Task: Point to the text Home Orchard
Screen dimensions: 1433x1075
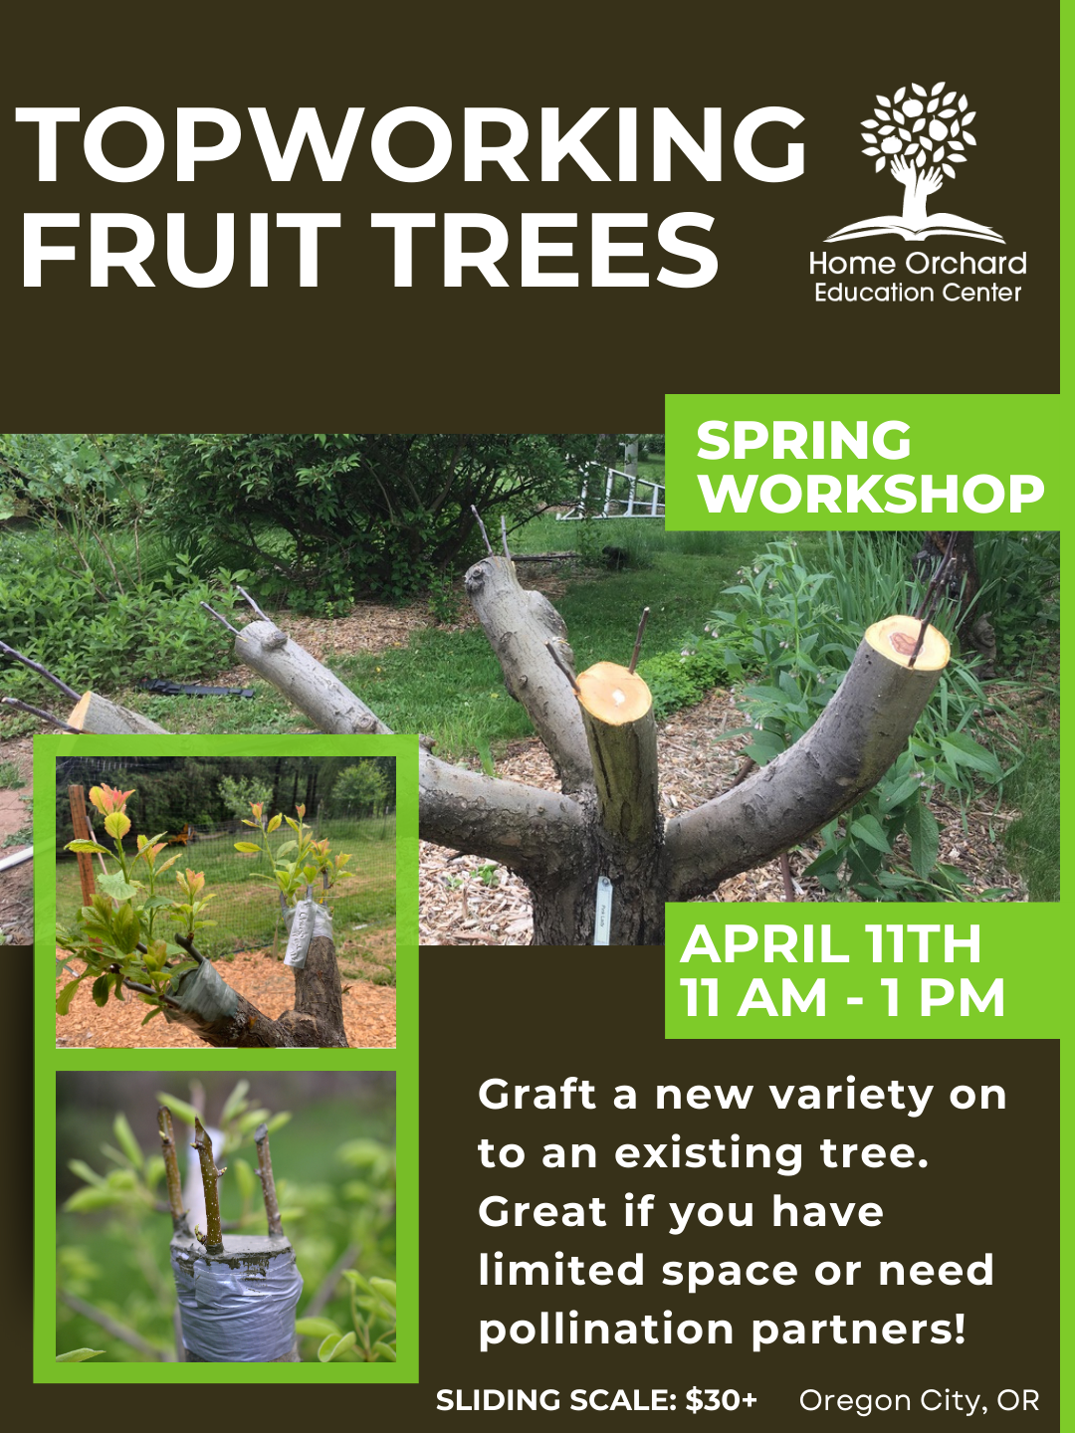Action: coord(917,264)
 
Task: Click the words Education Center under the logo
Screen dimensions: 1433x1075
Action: coord(917,293)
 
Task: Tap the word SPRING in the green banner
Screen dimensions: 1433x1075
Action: coord(803,441)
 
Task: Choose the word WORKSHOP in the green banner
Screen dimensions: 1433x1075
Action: coord(871,494)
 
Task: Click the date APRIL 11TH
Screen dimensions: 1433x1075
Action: coord(830,944)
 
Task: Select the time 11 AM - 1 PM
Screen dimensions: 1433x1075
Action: coord(842,998)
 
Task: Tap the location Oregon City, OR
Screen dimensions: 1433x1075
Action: coord(919,1400)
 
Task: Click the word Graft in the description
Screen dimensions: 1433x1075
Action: coord(537,1095)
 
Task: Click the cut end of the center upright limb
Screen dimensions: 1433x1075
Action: coord(614,690)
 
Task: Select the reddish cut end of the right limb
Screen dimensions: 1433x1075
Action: coord(907,641)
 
